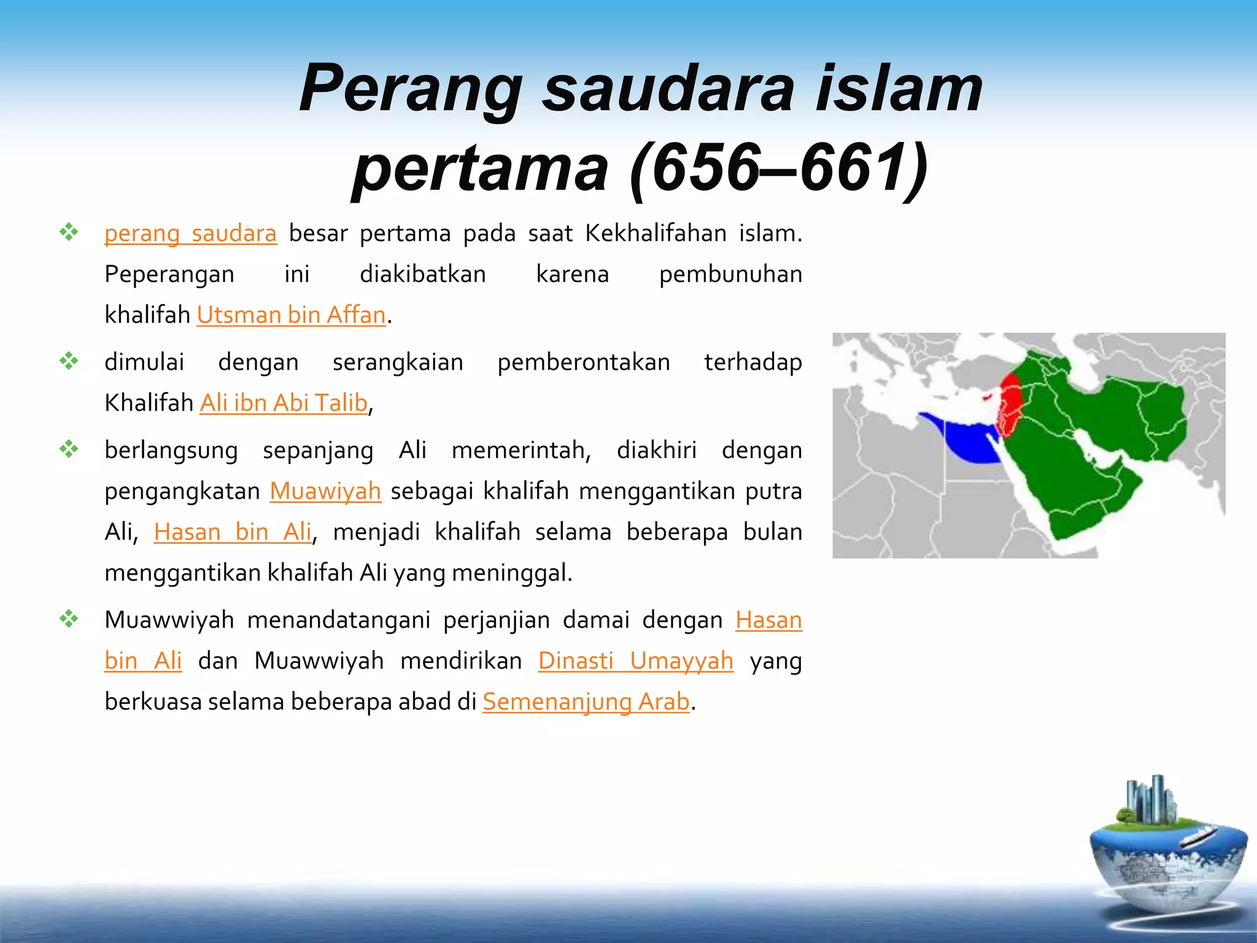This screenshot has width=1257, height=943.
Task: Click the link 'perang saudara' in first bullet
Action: pos(190,234)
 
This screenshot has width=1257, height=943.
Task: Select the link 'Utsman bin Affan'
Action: pos(291,315)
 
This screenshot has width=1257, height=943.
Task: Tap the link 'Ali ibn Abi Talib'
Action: pos(284,403)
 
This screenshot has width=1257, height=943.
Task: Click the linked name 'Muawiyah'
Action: pos(325,491)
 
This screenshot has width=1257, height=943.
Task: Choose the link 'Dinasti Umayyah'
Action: pos(636,661)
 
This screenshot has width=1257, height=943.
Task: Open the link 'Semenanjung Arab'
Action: pos(586,702)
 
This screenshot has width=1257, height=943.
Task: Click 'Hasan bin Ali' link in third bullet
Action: pos(233,532)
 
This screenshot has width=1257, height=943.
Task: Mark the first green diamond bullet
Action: pos(69,232)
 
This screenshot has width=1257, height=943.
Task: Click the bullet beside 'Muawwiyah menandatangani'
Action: pos(69,619)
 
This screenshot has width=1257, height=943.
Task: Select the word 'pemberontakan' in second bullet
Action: pos(583,363)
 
